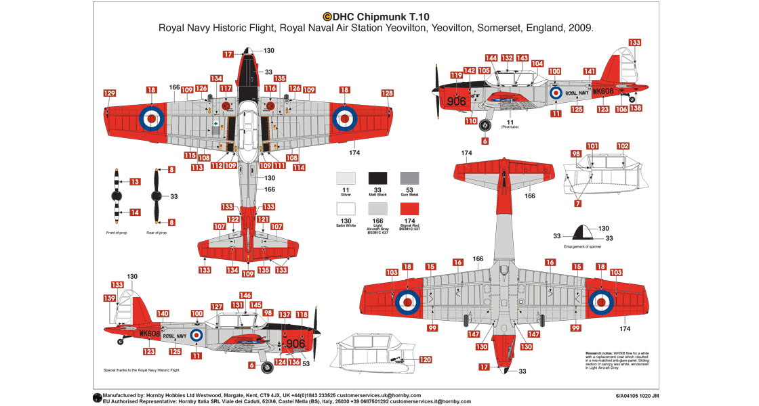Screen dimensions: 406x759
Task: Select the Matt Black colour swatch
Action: coord(377,178)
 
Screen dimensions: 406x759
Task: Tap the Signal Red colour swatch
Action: coord(409,209)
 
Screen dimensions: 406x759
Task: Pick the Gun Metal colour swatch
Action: coord(409,178)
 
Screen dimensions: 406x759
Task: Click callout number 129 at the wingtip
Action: coord(110,93)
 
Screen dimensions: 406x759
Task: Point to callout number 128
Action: coord(387,93)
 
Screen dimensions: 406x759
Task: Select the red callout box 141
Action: coord(589,72)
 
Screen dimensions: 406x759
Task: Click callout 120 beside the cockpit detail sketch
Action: coord(425,360)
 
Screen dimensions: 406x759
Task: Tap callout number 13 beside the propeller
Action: coord(135,181)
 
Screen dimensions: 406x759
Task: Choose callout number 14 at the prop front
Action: coord(135,212)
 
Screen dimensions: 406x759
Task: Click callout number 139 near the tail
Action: coord(109,298)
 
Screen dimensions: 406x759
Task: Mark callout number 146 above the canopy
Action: coord(245,296)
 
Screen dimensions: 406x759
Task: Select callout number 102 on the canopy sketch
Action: coord(622,146)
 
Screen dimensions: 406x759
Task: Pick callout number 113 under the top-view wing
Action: coord(197,167)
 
